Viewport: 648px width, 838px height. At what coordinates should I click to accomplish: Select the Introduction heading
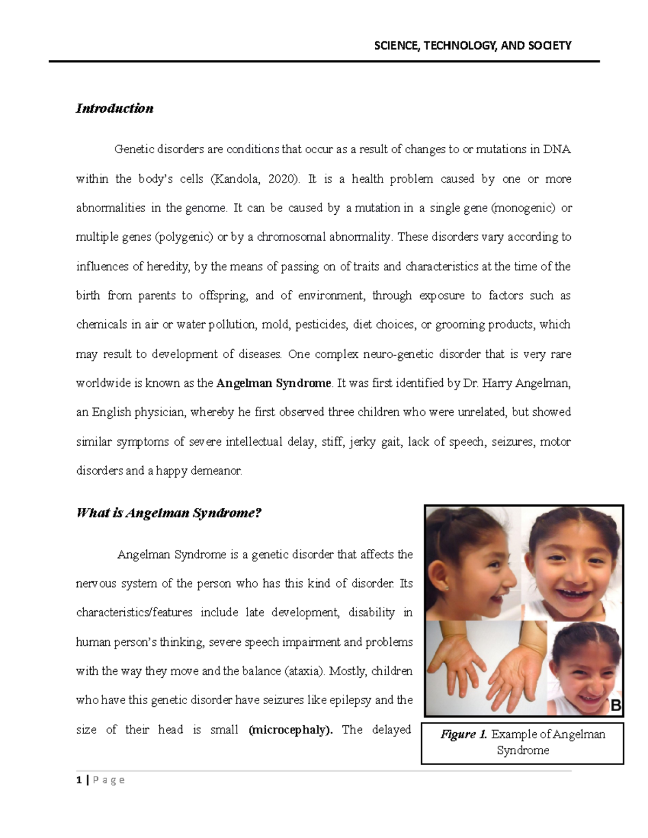point(114,108)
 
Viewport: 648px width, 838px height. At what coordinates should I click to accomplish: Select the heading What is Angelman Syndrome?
point(169,513)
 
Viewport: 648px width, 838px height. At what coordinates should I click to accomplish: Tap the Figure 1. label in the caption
point(464,734)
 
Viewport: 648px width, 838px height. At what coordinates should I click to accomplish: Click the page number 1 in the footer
point(79,780)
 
